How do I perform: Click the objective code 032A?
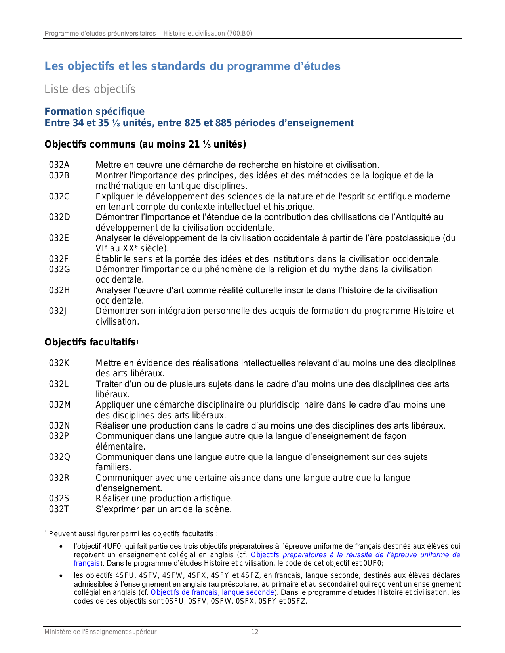pos(59,165)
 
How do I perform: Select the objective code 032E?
pos(59,238)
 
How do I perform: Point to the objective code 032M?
pos(60,405)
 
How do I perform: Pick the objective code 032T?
pos(59,509)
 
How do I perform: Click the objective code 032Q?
pos(60,457)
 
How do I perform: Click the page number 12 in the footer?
pos(255,632)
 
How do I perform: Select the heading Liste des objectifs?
pos(90,89)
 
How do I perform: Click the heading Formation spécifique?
pos(94,112)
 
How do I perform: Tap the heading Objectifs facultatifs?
pos(90,342)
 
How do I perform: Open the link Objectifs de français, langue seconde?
pos(213,592)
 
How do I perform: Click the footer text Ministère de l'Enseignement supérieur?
pos(100,632)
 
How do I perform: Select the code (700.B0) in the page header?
pos(239,34)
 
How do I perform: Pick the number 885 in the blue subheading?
pos(223,123)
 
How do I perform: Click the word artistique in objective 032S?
pos(214,499)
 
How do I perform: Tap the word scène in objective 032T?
pos(219,509)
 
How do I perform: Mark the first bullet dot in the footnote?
pos(61,547)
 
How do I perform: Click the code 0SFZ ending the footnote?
pos(298,602)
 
